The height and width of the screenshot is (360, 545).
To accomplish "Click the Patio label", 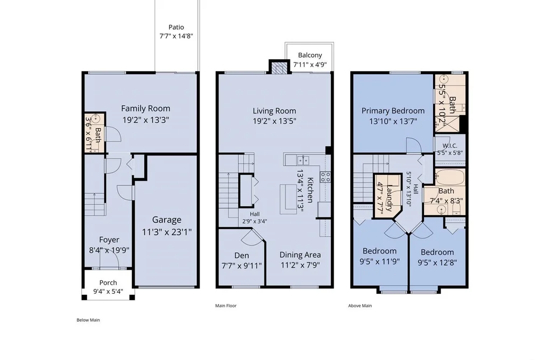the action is tap(176, 27).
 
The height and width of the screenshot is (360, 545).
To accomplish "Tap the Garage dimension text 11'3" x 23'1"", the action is tap(167, 232).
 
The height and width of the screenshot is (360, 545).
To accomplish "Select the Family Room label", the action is tap(146, 108).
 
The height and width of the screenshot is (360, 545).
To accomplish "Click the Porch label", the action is tap(108, 283).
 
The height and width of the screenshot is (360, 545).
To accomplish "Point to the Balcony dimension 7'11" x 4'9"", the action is tap(310, 64).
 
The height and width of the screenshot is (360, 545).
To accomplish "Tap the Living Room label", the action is tap(274, 111).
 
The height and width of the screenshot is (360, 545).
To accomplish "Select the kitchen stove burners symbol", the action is tap(325, 177).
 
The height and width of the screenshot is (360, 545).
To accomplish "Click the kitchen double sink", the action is tap(303, 160).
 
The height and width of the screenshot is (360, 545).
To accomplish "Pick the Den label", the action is tap(242, 256).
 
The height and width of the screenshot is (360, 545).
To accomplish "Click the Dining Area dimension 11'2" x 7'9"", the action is tap(300, 265).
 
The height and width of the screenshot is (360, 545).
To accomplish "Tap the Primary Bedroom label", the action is tap(393, 111).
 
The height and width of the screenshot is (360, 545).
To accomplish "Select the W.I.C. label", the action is tap(450, 146).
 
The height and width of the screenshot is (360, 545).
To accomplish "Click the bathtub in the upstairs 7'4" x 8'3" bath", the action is tap(450, 177).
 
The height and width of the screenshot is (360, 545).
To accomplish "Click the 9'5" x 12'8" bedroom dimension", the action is tap(437, 263).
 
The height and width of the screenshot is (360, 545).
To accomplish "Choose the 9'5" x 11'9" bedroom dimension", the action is tap(379, 262).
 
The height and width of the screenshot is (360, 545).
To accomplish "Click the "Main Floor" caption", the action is tap(226, 306).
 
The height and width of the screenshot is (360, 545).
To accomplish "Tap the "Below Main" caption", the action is tap(88, 320).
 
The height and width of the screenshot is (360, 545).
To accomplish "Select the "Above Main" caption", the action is tap(360, 306).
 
